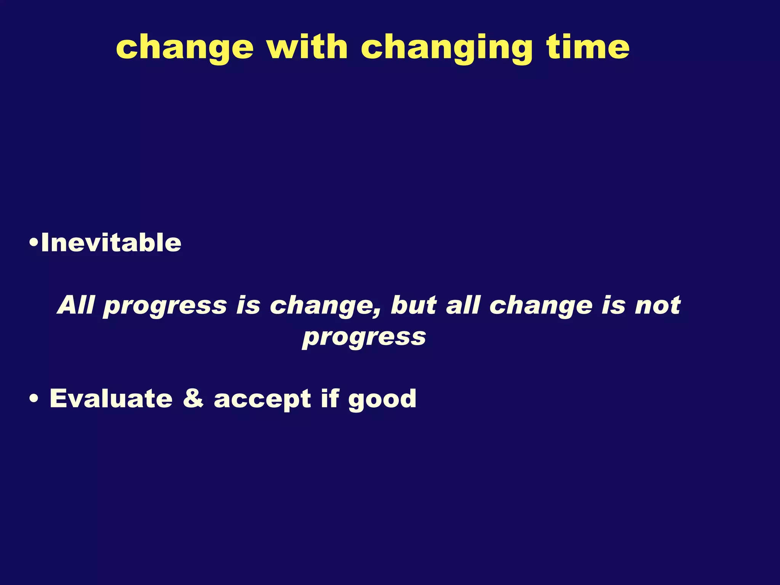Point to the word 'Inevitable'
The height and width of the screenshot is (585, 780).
pyautogui.click(x=111, y=243)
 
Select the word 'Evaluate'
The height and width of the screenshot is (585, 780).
pyautogui.click(x=111, y=399)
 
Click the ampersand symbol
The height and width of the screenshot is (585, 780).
pyautogui.click(x=193, y=399)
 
